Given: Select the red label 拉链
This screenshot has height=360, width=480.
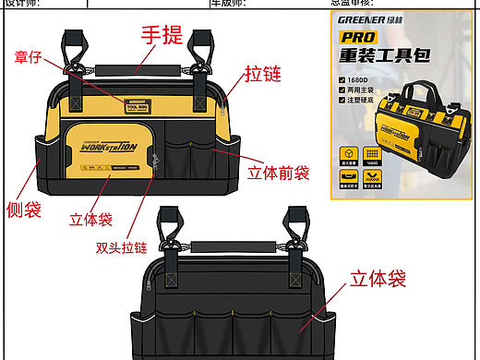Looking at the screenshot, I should click(263, 74).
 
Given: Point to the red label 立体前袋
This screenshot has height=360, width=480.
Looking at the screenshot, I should click(279, 173).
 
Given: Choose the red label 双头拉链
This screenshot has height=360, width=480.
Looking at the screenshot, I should click(121, 248).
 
